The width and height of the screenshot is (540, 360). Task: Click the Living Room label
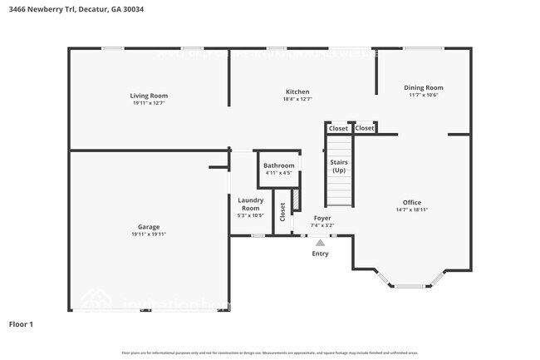(149, 96)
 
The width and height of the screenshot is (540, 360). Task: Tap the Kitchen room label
(297, 91)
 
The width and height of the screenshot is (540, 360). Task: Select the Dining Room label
(423, 87)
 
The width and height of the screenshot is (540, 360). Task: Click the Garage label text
(149, 227)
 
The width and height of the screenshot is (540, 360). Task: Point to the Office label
(412, 202)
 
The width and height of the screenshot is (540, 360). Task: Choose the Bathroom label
(278, 165)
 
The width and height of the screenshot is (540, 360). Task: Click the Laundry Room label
(250, 204)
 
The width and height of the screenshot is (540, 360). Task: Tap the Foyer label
(322, 218)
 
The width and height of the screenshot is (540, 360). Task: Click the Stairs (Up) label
(339, 165)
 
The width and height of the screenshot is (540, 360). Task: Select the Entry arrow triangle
(320, 243)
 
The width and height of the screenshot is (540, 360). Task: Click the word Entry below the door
(320, 254)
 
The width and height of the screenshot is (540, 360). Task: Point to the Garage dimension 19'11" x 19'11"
(149, 234)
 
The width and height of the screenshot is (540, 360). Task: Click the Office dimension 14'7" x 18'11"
(412, 210)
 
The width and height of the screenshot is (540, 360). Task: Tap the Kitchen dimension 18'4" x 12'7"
(297, 99)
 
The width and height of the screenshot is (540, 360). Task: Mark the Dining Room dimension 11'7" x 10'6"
(423, 95)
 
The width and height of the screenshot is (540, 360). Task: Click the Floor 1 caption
(21, 323)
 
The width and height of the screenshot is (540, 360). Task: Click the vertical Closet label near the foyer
(282, 212)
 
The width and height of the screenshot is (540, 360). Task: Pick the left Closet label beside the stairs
(338, 128)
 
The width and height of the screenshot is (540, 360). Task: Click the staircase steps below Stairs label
(339, 192)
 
